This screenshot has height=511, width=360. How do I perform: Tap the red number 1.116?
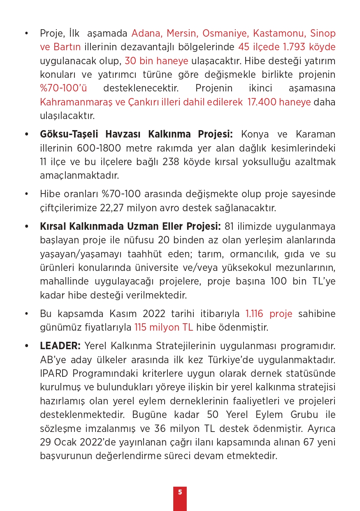(255, 314)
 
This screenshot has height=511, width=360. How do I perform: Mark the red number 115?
(142, 327)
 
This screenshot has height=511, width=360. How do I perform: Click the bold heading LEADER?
(60, 346)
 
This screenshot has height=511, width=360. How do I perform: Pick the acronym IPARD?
(54, 373)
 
